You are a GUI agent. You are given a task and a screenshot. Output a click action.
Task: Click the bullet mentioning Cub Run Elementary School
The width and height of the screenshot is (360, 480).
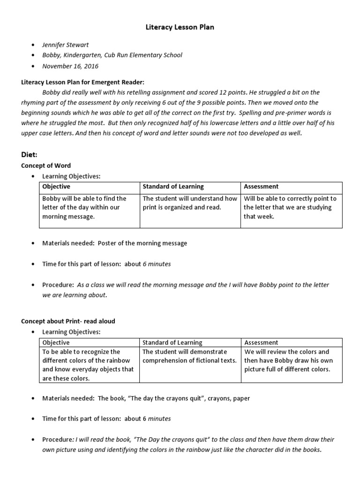[x=112, y=55]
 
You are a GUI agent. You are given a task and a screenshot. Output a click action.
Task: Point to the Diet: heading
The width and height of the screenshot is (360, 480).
[x=30, y=154]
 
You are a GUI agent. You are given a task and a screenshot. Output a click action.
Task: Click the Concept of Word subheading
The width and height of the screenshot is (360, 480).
[x=46, y=165]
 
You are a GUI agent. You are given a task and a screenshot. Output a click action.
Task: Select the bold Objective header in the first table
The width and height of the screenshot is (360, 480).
[x=56, y=187]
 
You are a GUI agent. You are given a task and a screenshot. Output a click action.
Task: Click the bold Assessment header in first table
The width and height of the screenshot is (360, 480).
[x=261, y=187]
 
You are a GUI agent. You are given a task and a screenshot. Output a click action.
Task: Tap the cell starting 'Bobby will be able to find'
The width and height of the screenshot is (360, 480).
[x=84, y=207]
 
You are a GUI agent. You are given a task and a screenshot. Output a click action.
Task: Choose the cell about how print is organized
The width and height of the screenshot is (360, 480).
[x=190, y=203]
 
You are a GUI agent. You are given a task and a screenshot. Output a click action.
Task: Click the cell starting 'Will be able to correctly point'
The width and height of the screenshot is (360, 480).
[x=290, y=207]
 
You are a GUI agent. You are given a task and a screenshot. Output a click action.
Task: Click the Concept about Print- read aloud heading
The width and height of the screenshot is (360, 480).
[x=68, y=321]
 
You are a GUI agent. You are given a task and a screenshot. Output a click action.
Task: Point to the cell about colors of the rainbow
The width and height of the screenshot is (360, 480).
[x=88, y=365]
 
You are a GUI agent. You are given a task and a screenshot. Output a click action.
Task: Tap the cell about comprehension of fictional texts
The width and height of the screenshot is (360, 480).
[x=190, y=356]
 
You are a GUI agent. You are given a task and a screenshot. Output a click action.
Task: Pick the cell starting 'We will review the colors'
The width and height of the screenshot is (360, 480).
[x=287, y=360]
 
